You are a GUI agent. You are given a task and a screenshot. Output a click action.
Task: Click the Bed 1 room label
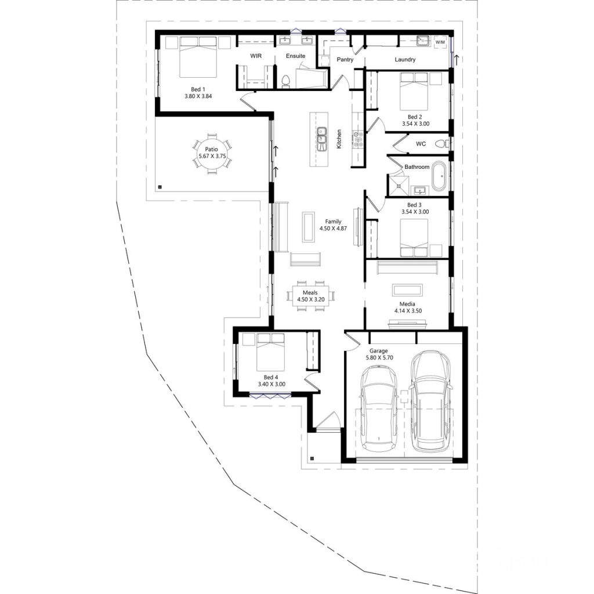pyautogui.click(x=198, y=89)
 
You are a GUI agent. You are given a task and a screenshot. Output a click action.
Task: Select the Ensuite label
pyautogui.click(x=295, y=56)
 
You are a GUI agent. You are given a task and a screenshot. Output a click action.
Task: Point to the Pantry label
pyautogui.click(x=345, y=60)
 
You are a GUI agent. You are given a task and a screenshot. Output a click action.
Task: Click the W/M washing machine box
pyautogui.click(x=440, y=42)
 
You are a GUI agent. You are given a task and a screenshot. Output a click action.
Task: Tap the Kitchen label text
pyautogui.click(x=339, y=139)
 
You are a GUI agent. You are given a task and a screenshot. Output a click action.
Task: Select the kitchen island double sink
pyautogui.click(x=321, y=139)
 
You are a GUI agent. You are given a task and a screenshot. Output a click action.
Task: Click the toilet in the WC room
pyautogui.click(x=443, y=143)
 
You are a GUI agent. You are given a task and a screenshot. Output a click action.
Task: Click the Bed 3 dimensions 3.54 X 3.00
pyautogui.click(x=415, y=212)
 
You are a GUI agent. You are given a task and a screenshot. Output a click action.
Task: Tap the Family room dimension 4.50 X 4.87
pyautogui.click(x=333, y=229)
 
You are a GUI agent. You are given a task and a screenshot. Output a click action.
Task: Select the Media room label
pyautogui.click(x=407, y=304)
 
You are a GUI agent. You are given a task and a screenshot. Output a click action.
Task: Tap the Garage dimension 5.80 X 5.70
pyautogui.click(x=379, y=358)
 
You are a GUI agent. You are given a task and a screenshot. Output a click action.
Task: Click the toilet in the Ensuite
pyautogui.click(x=285, y=81)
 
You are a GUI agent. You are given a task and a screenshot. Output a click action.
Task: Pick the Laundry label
pyautogui.click(x=405, y=60)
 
